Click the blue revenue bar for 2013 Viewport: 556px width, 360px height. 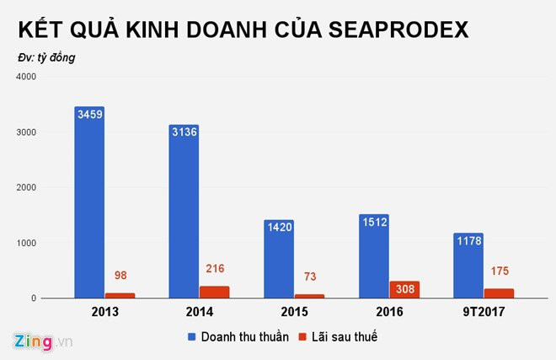(89, 202)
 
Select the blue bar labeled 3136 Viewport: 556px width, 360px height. (184, 211)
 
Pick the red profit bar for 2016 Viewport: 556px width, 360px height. (404, 289)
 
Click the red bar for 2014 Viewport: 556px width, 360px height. (215, 292)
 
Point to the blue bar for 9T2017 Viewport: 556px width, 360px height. (468, 266)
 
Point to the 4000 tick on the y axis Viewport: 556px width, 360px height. (26, 77)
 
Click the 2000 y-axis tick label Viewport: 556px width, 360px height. (26, 187)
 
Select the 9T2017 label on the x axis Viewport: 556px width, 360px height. (484, 311)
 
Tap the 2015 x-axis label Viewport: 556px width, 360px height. (294, 311)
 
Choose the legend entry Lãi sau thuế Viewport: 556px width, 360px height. (345, 336)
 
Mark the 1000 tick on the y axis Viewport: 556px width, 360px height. (26, 243)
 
